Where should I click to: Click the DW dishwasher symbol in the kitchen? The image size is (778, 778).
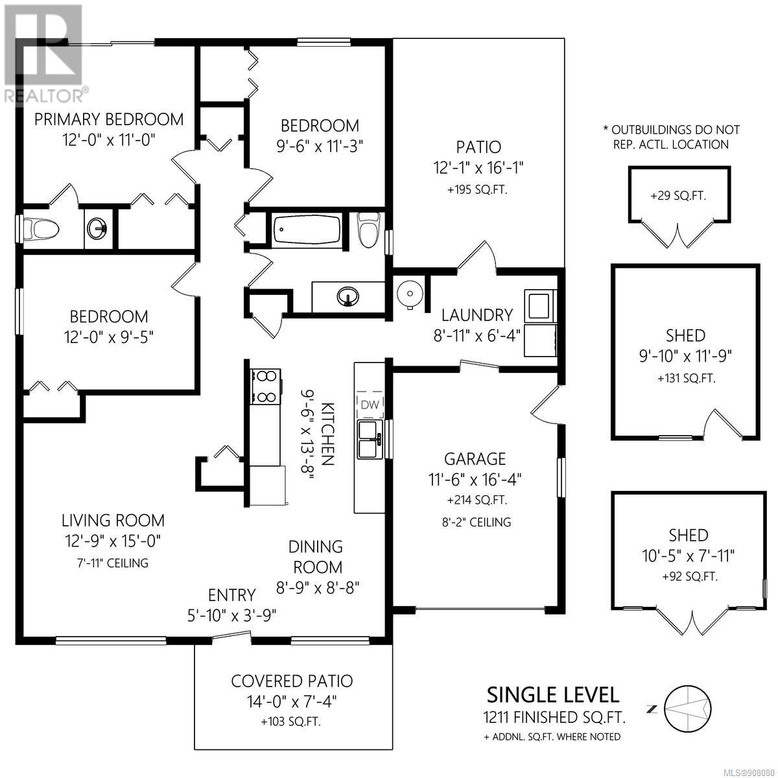point(370,405)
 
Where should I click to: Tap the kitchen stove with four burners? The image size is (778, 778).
point(265,387)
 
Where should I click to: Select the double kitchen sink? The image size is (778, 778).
point(370,440)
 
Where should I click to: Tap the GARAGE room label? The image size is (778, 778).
point(475,458)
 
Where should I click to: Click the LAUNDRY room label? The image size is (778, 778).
point(477,315)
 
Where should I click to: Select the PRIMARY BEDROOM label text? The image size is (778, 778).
point(109,119)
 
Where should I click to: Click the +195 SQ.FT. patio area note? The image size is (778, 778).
point(477,189)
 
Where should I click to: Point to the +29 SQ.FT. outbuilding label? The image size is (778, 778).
point(678,196)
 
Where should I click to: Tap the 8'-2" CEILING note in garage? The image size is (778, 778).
point(477,523)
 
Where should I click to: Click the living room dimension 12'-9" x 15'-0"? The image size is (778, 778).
point(113,541)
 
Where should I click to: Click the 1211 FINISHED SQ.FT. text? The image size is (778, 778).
point(554,717)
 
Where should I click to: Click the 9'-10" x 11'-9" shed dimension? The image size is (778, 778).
point(685,356)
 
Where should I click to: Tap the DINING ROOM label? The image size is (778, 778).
point(316,557)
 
